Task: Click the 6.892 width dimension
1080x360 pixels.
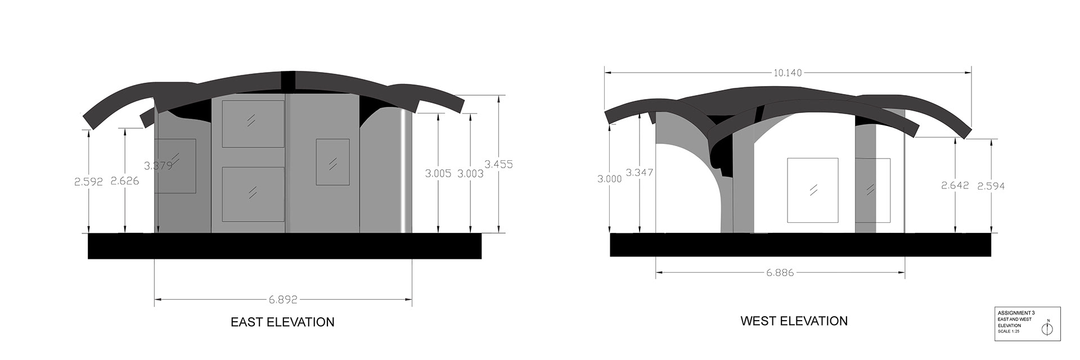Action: tap(283, 299)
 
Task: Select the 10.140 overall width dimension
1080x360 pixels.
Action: tap(787, 73)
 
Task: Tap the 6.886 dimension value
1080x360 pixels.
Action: tap(780, 273)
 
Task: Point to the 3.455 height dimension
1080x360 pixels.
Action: tap(498, 164)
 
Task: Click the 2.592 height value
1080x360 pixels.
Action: tap(88, 182)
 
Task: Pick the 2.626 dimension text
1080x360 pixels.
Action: tap(125, 181)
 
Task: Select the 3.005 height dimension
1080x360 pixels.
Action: tap(438, 174)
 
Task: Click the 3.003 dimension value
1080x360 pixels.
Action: tap(470, 174)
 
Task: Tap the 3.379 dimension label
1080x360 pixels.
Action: tap(158, 166)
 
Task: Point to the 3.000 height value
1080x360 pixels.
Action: tap(610, 179)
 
